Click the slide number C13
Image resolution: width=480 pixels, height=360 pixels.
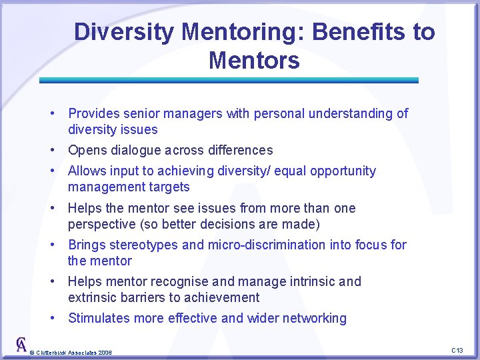pyautogui.click(x=457, y=350)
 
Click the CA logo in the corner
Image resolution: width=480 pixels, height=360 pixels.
pyautogui.click(x=21, y=345)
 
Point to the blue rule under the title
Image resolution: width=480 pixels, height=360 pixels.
pyautogui.click(x=229, y=80)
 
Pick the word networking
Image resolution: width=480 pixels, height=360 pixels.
pyautogui.click(x=315, y=318)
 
